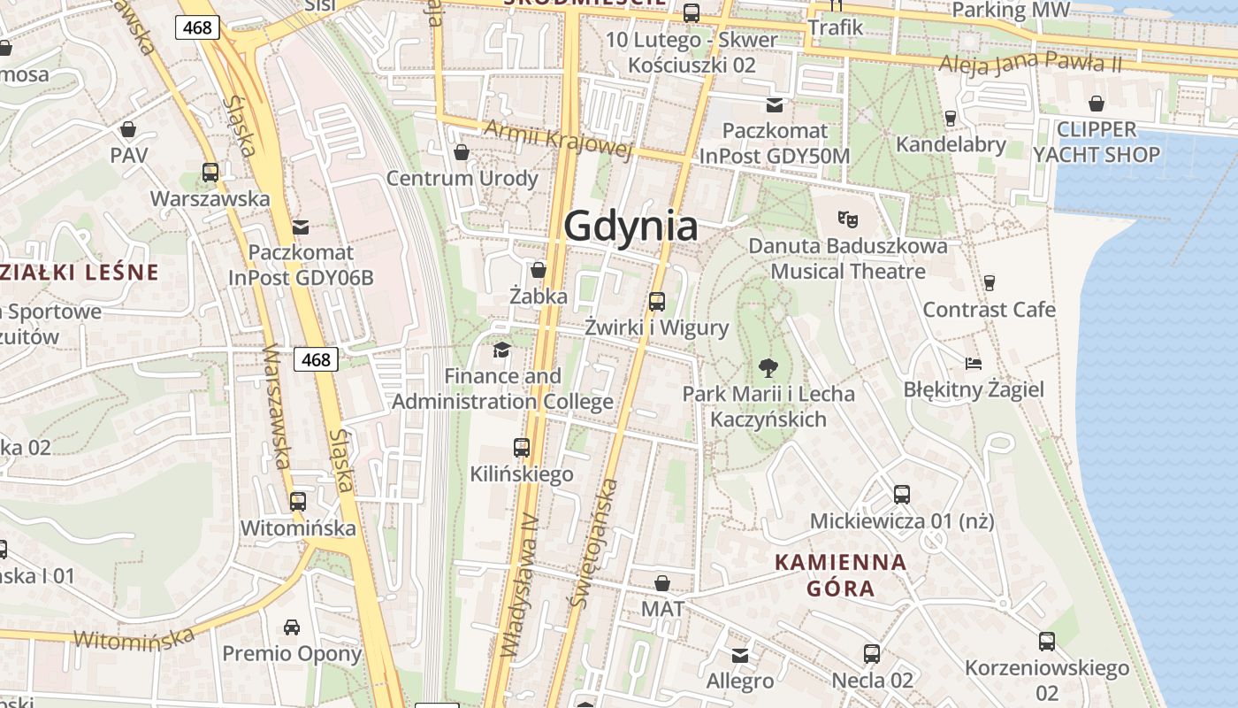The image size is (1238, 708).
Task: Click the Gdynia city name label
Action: click(x=630, y=227)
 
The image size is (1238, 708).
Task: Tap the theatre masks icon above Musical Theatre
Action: click(x=848, y=218)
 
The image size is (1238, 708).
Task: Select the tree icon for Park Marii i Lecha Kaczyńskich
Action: click(x=768, y=367)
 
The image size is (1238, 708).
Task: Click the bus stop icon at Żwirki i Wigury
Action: click(x=657, y=301)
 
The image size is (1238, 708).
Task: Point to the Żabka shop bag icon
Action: click(x=538, y=269)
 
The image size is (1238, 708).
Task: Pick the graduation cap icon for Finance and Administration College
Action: click(x=502, y=350)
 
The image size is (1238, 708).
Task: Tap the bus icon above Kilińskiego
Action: click(x=522, y=448)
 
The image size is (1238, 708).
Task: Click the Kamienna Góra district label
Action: click(x=841, y=574)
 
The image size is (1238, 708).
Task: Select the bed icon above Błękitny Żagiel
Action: click(x=973, y=363)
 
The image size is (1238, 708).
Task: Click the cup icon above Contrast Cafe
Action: click(x=989, y=282)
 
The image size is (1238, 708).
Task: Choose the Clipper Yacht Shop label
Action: click(x=1097, y=142)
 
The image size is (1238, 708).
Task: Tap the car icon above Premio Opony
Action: click(x=292, y=627)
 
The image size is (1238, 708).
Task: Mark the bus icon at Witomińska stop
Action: click(x=298, y=502)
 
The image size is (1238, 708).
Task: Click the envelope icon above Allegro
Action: click(x=740, y=655)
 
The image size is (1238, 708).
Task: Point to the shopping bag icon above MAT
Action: click(x=661, y=582)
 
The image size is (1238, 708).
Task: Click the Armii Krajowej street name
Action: click(x=559, y=140)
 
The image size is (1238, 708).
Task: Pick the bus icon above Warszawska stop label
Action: click(x=210, y=173)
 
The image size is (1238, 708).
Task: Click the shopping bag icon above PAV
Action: click(x=128, y=129)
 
